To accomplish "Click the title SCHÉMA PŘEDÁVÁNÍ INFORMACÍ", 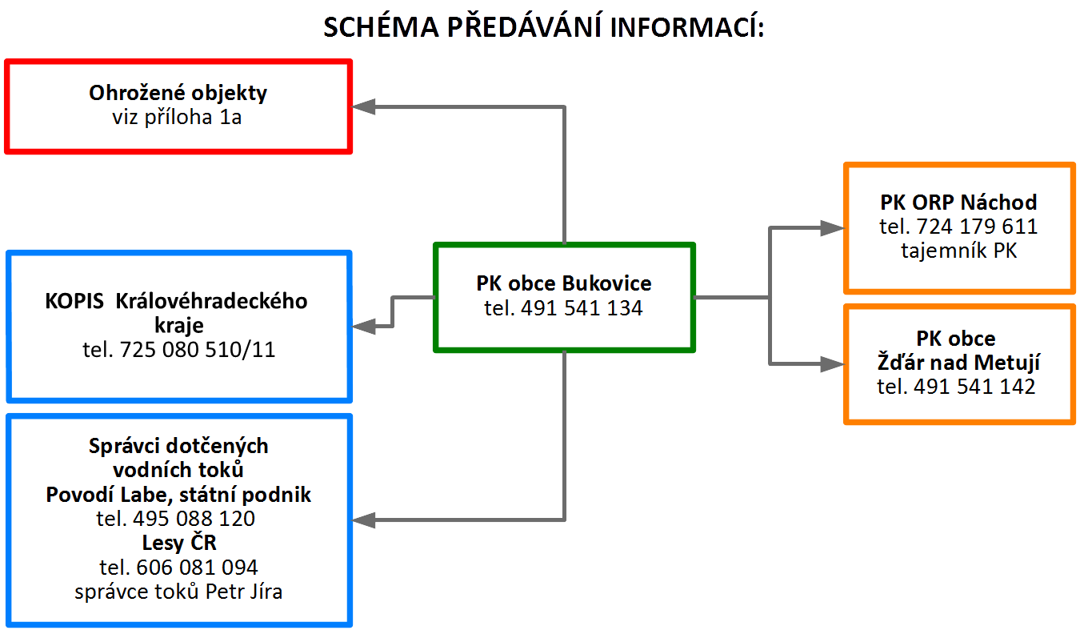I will coord(544,27).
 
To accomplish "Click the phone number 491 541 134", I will coord(581,308).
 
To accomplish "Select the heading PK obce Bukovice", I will coord(564,283).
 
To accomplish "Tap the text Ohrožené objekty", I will coord(178,93).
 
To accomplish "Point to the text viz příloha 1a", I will coord(178,118).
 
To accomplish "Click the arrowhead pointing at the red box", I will coord(365,106).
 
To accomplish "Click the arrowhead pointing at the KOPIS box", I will coord(365,326).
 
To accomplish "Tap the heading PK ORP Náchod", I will coord(958,202).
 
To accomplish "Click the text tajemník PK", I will coord(958,251).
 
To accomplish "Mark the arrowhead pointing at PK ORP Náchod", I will coord(833,228).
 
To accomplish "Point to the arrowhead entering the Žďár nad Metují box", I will coord(833,364).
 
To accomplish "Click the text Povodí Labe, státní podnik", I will coord(178,495).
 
